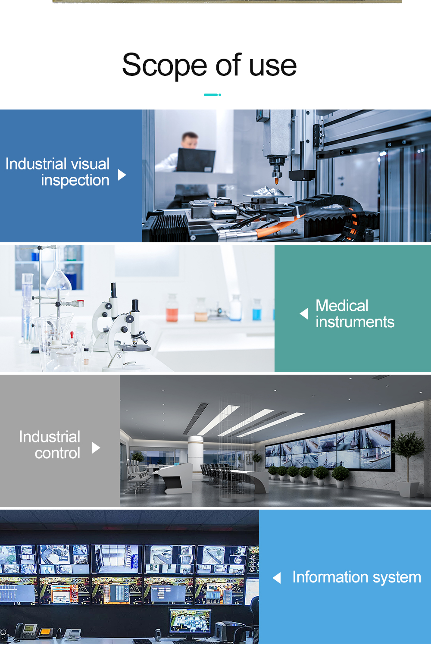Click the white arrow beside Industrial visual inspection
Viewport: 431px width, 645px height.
[122, 175]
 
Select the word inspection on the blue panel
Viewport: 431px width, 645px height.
[75, 181]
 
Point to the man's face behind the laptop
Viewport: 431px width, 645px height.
[190, 141]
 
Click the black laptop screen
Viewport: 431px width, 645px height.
[196, 160]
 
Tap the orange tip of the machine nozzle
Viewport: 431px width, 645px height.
[277, 181]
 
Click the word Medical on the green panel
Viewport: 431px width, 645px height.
[342, 306]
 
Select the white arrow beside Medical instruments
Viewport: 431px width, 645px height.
[304, 313]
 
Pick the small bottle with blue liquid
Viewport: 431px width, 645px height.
[257, 310]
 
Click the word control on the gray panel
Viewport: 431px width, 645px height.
[58, 453]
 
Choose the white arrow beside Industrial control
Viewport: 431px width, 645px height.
[96, 448]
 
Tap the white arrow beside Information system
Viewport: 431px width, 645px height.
[277, 578]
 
